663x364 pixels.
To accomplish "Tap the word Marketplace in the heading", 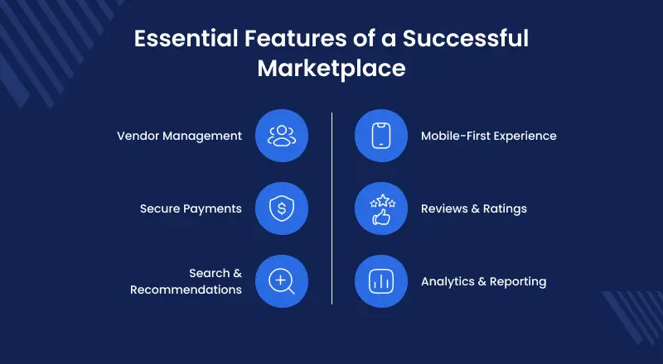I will tap(331, 68).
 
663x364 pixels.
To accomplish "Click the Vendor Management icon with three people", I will tap(282, 136).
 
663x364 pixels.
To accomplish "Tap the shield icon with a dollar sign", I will tap(282, 208).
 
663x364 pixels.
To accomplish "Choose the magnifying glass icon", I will tap(282, 281).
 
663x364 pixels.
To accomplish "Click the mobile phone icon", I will tap(381, 136).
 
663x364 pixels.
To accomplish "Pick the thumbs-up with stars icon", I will tap(381, 208).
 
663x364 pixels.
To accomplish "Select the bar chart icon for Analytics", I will tap(381, 281).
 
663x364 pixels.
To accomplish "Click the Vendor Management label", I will tap(180, 136).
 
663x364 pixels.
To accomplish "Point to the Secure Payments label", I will tap(191, 208).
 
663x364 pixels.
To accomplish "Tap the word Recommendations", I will tap(186, 290).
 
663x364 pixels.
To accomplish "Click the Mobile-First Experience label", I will tap(488, 136).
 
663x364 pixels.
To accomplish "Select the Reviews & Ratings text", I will tap(473, 208).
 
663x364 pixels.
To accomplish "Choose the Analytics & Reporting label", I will tap(483, 281).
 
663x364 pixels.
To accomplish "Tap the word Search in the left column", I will tap(209, 273).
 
